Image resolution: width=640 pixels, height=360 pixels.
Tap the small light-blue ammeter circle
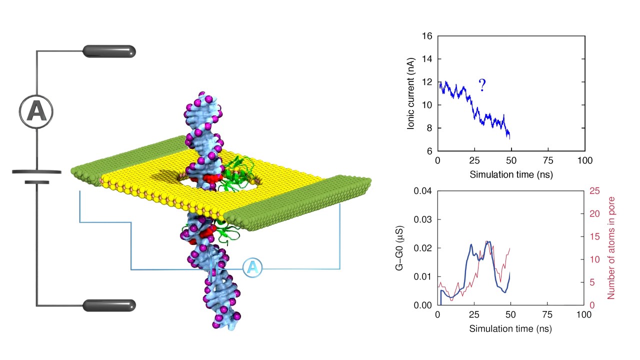coord(252,268)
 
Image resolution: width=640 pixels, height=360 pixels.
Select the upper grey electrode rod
coord(109,51)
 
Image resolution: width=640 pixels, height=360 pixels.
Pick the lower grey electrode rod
coord(109,305)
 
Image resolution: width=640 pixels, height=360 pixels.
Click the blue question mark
coord(482,85)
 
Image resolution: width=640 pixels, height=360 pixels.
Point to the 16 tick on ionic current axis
coord(427,36)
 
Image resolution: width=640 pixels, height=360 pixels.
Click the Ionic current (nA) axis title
coord(411,93)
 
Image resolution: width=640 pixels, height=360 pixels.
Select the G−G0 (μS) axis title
coord(400,248)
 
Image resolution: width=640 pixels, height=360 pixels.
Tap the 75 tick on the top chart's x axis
coord(548,161)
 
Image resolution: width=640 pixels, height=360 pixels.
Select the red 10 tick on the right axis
coord(595,259)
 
